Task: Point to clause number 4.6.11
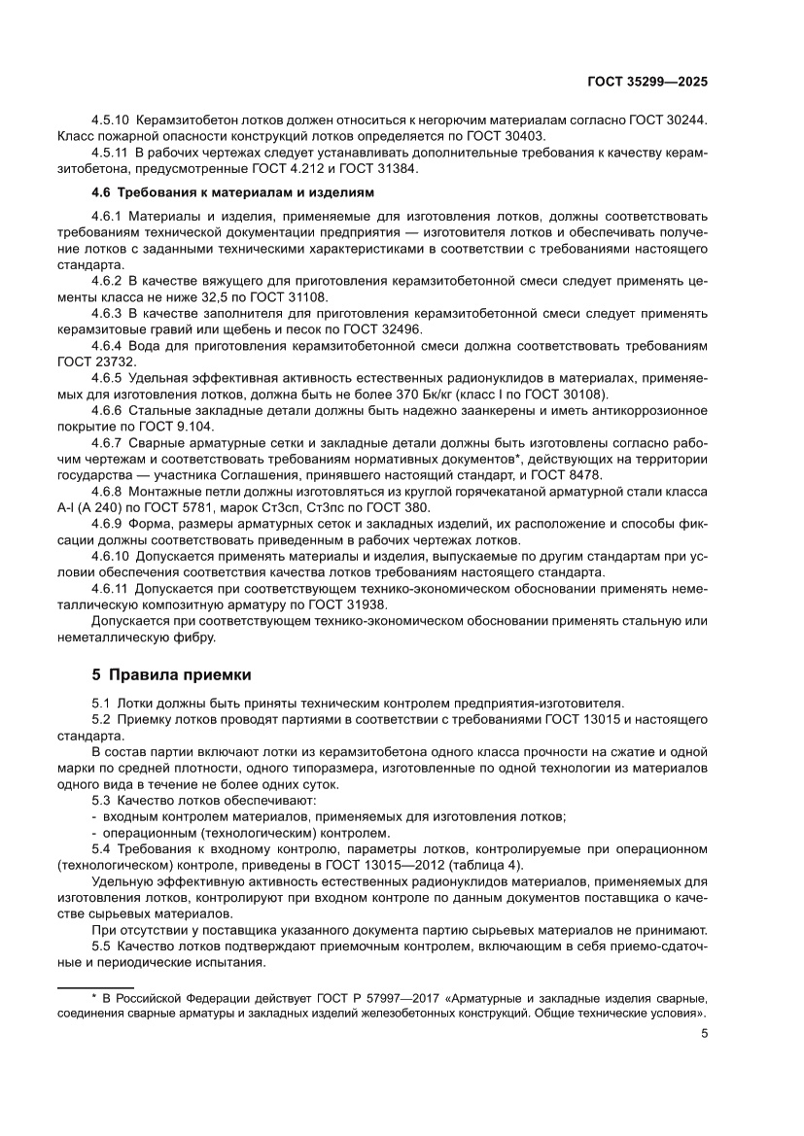[x=111, y=588]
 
